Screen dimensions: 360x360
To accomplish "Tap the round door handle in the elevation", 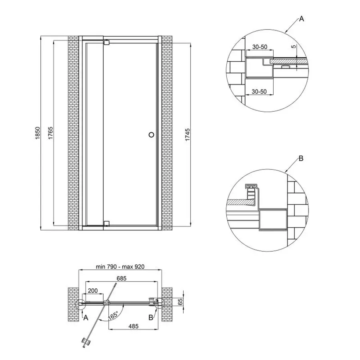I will [x=151, y=135].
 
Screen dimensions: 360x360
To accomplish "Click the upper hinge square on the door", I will [x=106, y=42].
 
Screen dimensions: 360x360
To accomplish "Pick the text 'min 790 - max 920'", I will [x=120, y=266].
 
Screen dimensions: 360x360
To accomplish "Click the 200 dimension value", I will [x=92, y=290].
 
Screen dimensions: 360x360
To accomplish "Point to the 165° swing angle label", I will [x=113, y=315].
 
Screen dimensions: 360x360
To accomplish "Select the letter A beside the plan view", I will [x=85, y=318].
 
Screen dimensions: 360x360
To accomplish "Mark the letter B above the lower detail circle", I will [x=301, y=159].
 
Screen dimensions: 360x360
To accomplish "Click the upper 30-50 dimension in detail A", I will [x=260, y=47].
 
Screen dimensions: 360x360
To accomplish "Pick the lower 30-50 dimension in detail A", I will [x=260, y=91].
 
